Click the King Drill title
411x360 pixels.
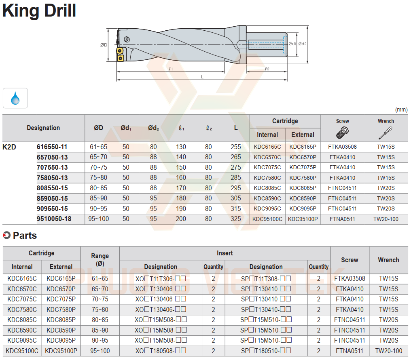(39, 11)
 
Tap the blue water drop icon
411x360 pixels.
(15, 98)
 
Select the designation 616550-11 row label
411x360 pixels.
(52, 147)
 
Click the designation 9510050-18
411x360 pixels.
(54, 219)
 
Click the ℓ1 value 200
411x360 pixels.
(181, 219)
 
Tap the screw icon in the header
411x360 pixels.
(342, 132)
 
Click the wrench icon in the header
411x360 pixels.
(385, 133)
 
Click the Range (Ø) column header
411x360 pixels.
(100, 260)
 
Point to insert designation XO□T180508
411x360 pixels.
(161, 351)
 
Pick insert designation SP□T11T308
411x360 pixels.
(266, 279)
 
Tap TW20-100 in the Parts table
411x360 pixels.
(388, 351)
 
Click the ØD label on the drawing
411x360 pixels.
(104, 45)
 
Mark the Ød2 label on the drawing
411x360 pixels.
(302, 44)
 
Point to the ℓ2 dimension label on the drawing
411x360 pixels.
(267, 69)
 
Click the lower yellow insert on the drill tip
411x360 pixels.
(121, 59)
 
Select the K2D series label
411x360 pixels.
(9, 147)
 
